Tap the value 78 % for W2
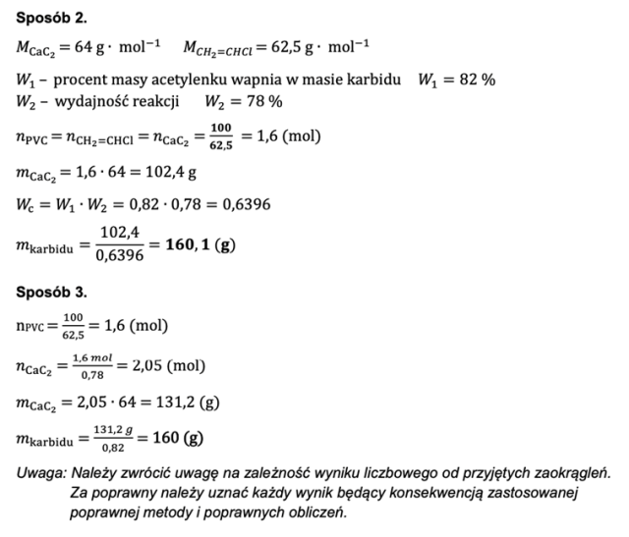tap(260, 101)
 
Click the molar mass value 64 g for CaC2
tap(85, 46)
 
